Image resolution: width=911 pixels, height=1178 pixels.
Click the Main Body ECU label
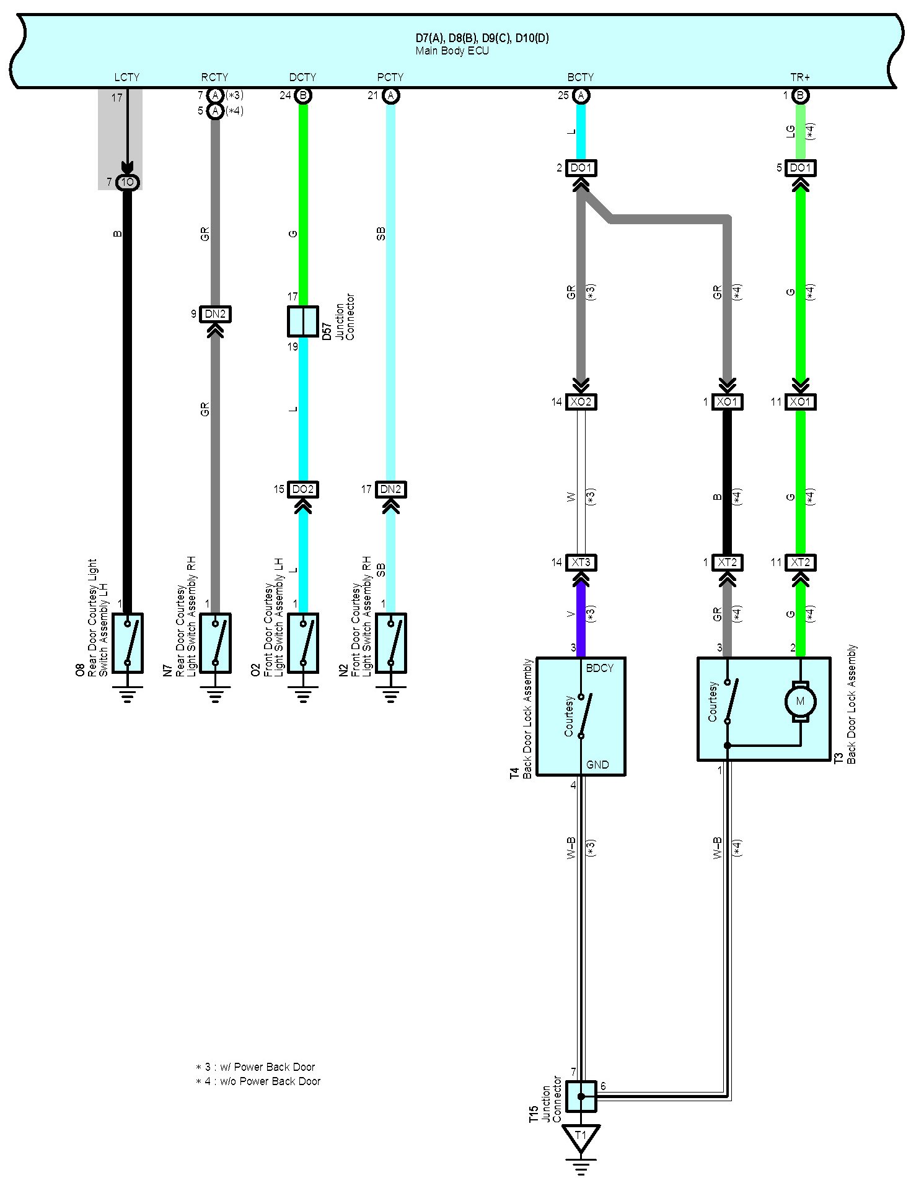(452, 51)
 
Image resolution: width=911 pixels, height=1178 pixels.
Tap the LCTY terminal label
(127, 77)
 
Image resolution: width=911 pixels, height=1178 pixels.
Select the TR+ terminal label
(800, 77)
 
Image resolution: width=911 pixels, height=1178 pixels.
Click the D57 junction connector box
(303, 321)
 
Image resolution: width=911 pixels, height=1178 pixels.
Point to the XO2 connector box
(581, 402)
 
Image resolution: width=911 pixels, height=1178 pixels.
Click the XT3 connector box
(581, 563)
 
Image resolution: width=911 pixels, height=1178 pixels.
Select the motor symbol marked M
(800, 701)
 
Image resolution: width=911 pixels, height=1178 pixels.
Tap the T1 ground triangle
(581, 1136)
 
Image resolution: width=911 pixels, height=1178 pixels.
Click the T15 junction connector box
(581, 1096)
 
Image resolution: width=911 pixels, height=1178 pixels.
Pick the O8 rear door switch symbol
(128, 643)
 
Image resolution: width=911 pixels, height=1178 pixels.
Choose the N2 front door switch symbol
(391, 643)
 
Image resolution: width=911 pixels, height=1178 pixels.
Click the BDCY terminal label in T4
(599, 668)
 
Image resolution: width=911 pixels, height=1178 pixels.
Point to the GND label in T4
(597, 765)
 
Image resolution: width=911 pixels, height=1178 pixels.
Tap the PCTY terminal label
(390, 77)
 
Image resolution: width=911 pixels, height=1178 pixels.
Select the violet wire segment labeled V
(581, 615)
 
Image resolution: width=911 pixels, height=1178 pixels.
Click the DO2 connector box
(303, 489)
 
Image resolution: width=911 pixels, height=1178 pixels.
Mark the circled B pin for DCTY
(303, 95)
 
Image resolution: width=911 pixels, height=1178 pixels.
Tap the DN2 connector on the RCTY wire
(215, 314)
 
